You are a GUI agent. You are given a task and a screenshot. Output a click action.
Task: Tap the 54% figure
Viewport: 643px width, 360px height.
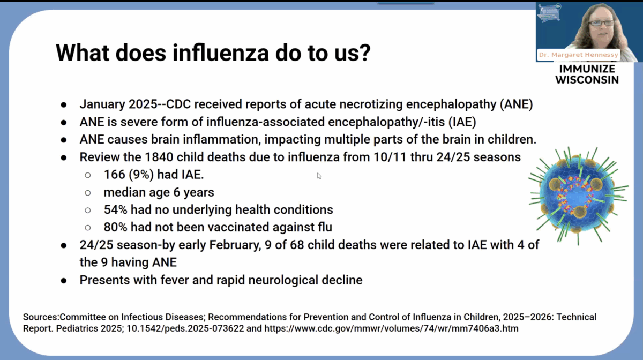[x=116, y=209]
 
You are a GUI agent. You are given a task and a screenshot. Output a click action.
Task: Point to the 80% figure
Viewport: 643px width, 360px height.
[x=116, y=227]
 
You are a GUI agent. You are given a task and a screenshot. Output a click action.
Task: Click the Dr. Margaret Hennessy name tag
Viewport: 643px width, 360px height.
[x=578, y=55]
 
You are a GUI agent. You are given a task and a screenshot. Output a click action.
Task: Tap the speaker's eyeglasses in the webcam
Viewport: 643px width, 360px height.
[x=601, y=23]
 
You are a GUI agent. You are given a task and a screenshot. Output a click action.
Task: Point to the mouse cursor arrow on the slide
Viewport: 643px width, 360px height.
[x=319, y=175]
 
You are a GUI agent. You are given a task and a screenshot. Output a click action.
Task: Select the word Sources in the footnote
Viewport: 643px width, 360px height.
[x=42, y=317]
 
